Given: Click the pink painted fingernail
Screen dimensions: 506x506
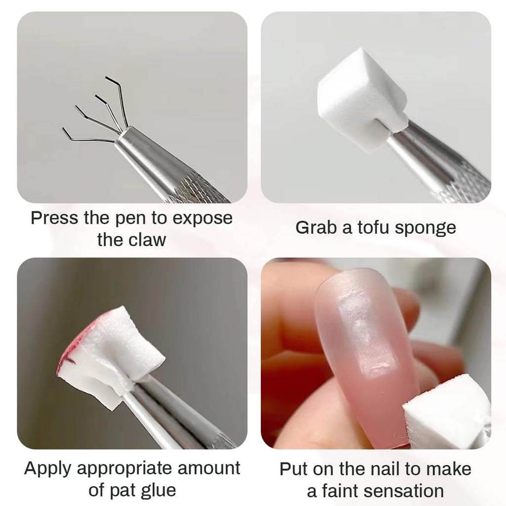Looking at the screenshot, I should click(x=363, y=346).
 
